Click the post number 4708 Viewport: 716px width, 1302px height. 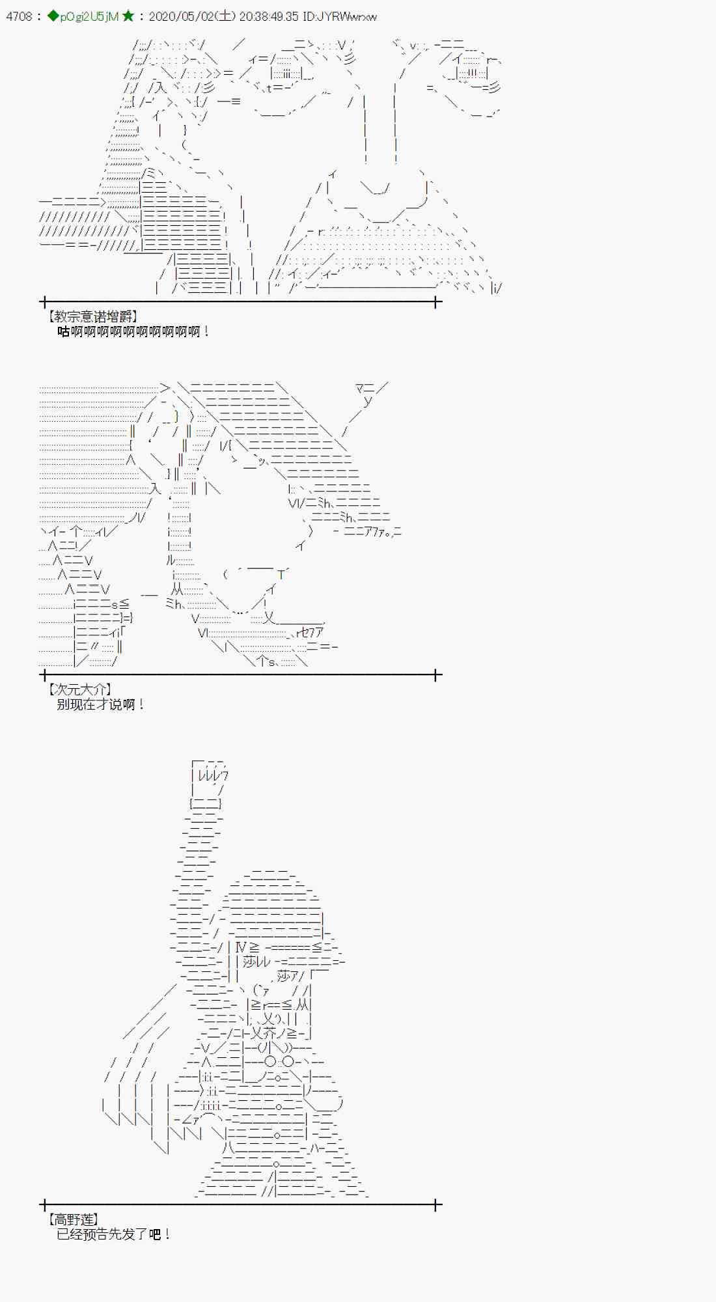click(19, 16)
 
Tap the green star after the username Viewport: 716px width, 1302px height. click(128, 16)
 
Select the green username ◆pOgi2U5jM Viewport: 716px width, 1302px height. click(83, 16)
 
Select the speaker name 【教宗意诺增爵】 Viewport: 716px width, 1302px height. click(92, 316)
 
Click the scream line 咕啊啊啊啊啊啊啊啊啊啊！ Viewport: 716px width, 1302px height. click(133, 331)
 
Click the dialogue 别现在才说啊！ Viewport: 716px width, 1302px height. click(100, 704)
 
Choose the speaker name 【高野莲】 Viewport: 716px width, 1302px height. click(73, 1219)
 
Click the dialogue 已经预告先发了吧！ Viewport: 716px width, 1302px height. click(113, 1234)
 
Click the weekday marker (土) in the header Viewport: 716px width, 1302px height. click(225, 16)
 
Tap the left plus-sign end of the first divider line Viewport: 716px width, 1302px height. click(44, 302)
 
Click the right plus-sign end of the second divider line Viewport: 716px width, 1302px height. click(437, 675)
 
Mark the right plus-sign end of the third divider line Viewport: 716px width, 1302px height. click(437, 1205)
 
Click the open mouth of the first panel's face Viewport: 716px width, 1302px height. click(376, 188)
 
